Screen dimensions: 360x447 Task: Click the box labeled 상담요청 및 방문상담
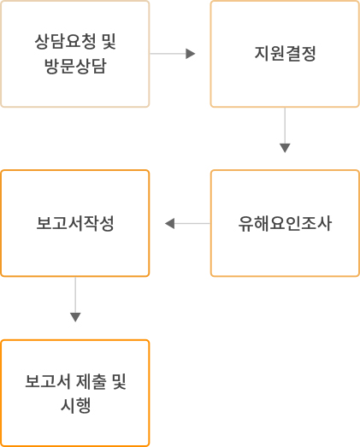75,54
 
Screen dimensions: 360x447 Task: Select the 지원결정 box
285,54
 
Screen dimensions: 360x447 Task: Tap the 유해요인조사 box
285,223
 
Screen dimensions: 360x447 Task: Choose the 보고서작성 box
75,223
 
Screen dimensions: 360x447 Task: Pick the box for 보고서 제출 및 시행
75,393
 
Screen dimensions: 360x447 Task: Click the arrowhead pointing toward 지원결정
191,54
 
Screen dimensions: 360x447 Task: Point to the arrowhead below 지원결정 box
285,148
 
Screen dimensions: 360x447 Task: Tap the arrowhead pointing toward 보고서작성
169,224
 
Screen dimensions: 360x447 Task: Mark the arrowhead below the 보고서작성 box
75,317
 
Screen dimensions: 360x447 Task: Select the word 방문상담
75,66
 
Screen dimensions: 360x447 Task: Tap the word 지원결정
285,54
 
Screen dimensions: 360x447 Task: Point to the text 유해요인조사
285,224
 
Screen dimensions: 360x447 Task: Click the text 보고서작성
75,223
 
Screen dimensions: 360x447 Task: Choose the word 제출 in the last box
91,381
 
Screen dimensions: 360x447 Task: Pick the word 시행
75,406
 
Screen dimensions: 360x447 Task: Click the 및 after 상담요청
109,42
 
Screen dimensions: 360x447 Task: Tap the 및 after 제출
119,381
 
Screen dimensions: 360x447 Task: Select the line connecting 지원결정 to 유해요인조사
285,126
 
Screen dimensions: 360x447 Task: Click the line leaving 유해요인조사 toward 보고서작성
192,224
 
